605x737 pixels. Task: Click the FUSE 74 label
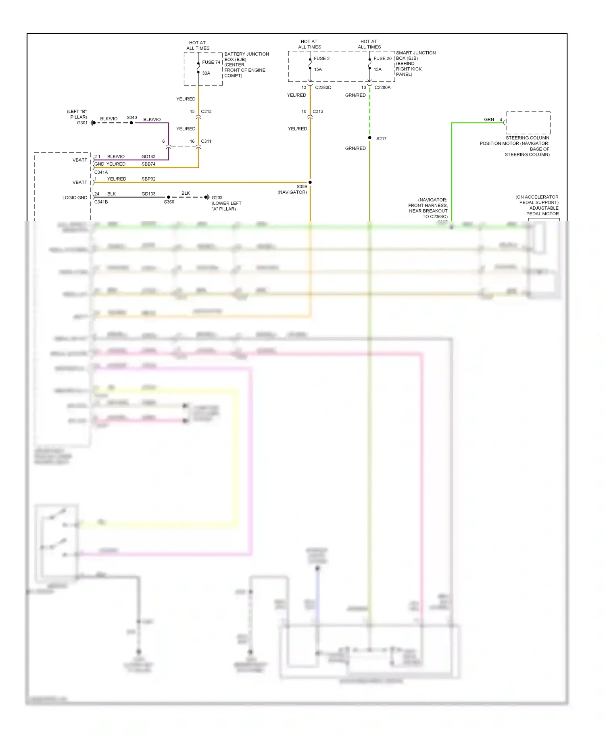coord(211,62)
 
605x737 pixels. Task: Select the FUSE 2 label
coord(321,58)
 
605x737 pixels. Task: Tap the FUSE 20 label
coord(382,58)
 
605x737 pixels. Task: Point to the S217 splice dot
coord(369,138)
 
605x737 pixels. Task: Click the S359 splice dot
coord(310,182)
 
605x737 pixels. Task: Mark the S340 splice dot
coord(131,123)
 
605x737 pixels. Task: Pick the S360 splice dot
coord(168,197)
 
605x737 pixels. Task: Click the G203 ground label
coord(217,198)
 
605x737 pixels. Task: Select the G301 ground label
coord(82,123)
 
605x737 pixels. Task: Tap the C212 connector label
coord(206,111)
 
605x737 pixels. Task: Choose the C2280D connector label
coord(323,87)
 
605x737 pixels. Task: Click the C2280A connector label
coord(382,87)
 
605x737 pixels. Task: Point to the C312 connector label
coord(318,111)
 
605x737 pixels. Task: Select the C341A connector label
coord(101,172)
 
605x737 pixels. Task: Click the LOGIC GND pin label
coord(75,198)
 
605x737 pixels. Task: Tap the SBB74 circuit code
coord(148,164)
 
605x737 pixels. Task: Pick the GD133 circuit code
coord(148,194)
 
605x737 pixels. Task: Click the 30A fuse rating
coord(206,73)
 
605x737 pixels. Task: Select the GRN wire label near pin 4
coord(489,119)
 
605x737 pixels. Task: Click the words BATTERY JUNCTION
coord(246,54)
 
